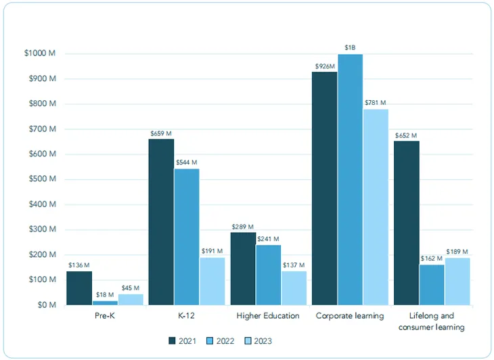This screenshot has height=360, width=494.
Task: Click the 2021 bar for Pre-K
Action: (79, 288)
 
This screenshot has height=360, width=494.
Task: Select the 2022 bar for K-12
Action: (186, 237)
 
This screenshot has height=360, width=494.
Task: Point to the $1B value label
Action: (350, 47)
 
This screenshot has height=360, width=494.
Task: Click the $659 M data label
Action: (161, 133)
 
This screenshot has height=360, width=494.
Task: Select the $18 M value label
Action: (105, 295)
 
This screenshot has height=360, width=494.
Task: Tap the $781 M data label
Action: (375, 103)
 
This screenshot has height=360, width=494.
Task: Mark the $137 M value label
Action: (293, 265)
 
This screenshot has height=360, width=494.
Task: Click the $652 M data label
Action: (406, 135)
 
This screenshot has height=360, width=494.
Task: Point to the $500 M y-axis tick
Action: (40, 179)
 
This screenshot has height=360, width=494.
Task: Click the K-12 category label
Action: (186, 316)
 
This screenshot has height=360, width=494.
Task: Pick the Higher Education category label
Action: (268, 316)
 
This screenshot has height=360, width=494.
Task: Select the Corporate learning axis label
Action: (350, 316)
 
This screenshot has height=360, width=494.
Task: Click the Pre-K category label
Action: (104, 316)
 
